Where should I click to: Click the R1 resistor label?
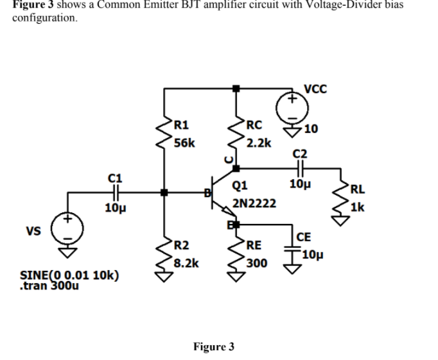click(x=182, y=125)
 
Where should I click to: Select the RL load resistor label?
click(x=358, y=189)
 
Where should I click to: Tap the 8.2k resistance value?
click(x=186, y=262)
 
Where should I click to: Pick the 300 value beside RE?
click(x=256, y=262)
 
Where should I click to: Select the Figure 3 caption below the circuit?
click(x=213, y=347)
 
